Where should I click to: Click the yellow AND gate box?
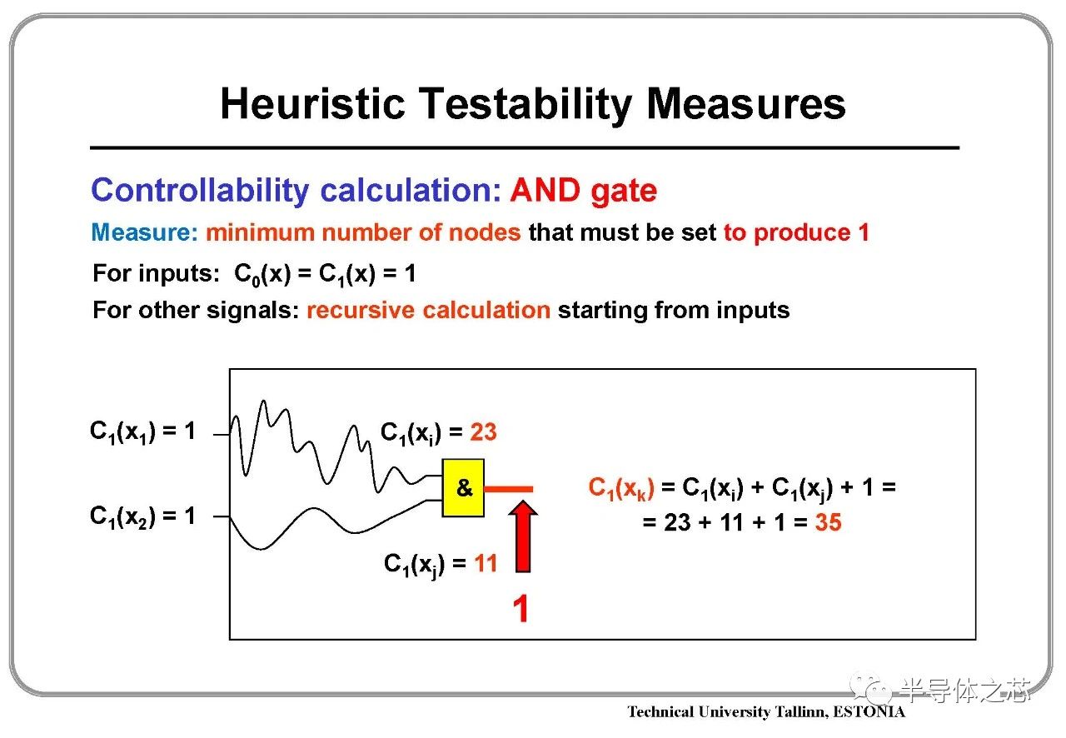463,487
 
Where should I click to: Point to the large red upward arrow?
523,536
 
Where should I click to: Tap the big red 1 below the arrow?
521,609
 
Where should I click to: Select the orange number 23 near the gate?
483,431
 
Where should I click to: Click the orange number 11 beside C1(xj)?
486,563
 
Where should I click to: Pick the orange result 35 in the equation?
828,521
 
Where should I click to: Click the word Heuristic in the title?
312,104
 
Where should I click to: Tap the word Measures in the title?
745,104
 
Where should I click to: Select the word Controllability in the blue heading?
200,191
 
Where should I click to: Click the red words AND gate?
584,191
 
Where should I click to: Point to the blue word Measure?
144,232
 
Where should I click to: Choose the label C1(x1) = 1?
142,431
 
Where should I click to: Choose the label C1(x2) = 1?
142,516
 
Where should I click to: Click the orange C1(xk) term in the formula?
621,488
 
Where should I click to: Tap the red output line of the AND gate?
508,488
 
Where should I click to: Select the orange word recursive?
361,310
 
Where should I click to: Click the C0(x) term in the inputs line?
262,274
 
